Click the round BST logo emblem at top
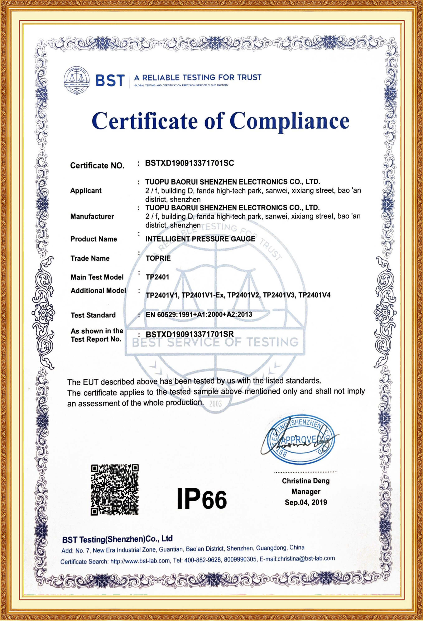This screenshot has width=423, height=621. pyautogui.click(x=76, y=80)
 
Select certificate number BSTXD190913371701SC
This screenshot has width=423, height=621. pyautogui.click(x=189, y=163)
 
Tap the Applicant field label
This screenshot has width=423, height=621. pyautogui.click(x=86, y=191)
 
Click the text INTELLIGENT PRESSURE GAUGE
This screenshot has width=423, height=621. pyautogui.click(x=200, y=239)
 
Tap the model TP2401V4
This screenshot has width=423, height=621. pyautogui.click(x=314, y=295)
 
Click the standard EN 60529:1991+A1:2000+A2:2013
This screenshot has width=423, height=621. pyautogui.click(x=199, y=315)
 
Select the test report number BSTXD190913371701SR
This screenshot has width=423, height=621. pyautogui.click(x=190, y=334)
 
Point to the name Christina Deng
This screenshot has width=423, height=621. pyautogui.click(x=306, y=481)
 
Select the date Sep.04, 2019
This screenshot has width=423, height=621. pyautogui.click(x=306, y=502)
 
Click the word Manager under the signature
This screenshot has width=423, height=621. pyautogui.click(x=306, y=492)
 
